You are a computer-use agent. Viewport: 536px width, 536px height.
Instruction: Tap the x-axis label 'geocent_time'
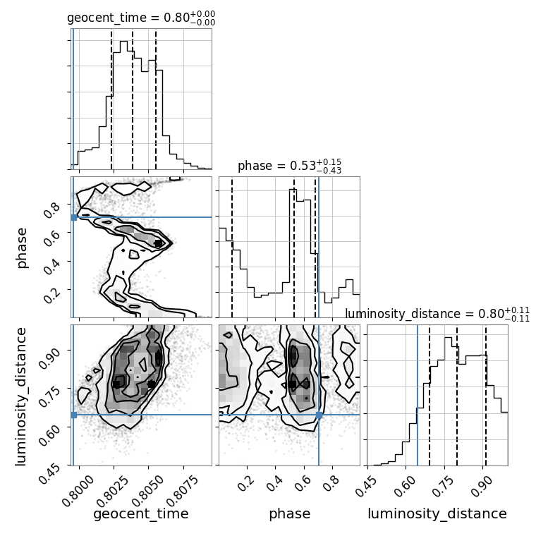[x=141, y=514]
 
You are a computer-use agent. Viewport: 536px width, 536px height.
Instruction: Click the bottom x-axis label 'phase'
[x=289, y=514]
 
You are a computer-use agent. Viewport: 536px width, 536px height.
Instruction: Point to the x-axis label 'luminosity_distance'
[x=437, y=514]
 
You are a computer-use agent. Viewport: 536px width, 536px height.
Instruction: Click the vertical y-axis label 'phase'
[x=22, y=247]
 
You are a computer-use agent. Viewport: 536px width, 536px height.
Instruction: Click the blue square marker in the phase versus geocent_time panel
[x=73, y=217]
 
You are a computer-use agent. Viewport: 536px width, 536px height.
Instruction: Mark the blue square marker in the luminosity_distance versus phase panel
[x=319, y=415]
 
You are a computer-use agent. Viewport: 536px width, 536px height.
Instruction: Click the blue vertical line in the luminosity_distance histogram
[x=418, y=395]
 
